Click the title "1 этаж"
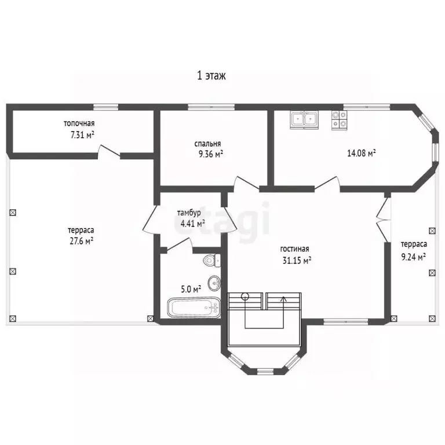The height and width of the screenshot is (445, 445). pos(211,76)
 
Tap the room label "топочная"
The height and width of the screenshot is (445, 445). pos(79,123)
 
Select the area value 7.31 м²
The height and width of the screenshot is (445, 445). pos(82,134)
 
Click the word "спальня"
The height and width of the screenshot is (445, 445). pos(207,144)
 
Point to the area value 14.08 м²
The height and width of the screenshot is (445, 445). pos(362,153)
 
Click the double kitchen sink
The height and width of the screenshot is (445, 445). pos(304,119)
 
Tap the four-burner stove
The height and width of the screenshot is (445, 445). pos(340,120)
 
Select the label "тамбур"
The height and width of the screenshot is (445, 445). pos(189,213)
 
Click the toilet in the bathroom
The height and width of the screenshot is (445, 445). pos(212,260)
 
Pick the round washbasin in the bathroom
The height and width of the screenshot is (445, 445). pos(214,283)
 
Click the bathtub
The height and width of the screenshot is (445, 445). pos(194,308)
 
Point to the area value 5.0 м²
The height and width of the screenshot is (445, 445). pos(191,290)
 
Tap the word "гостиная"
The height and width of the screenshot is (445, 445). pos(294,249)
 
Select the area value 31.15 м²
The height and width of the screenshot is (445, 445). pos(297,260)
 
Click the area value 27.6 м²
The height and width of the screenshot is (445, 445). pos(82,241)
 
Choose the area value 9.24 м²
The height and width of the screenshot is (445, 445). pos(413,257)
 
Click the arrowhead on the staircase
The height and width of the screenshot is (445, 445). pos(283,298)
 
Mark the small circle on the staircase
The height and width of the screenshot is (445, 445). pos(245,297)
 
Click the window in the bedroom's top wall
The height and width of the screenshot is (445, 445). pos(211,107)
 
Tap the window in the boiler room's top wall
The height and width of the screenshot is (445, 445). pos(106,107)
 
